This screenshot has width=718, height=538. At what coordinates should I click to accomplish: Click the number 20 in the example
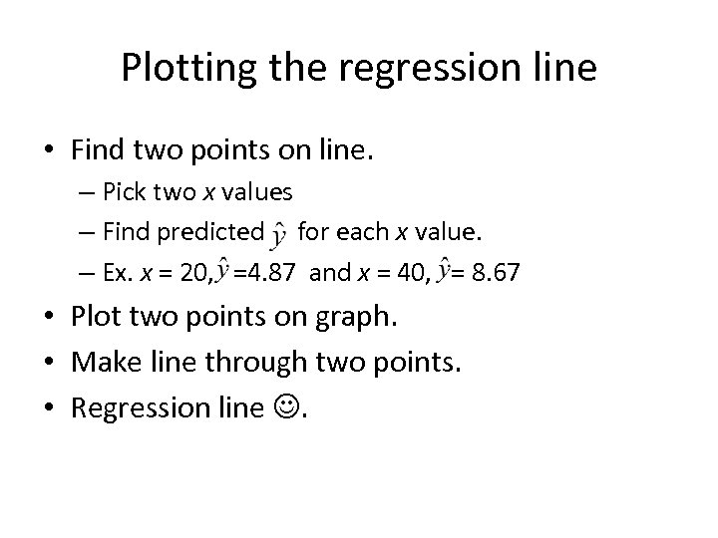[195, 271]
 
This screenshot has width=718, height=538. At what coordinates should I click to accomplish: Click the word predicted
[213, 232]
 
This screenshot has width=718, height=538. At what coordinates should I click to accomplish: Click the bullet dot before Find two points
[49, 150]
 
